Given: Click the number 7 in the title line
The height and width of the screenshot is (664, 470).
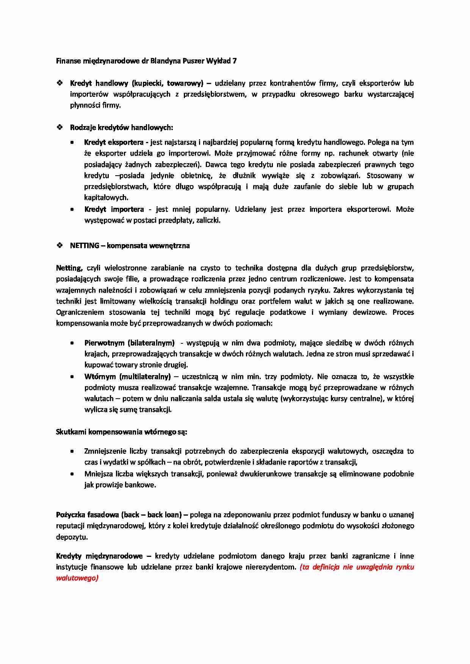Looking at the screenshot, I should [235, 61].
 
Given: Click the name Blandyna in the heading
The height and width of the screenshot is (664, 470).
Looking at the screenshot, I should [166, 61].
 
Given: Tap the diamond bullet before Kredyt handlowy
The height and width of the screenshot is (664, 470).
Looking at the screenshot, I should [60, 83].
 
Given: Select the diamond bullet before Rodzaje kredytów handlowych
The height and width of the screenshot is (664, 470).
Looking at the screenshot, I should [60, 128].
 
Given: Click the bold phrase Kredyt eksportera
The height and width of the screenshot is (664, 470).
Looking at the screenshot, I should [113, 142].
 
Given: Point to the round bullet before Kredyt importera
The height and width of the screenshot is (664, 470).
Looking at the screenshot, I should [72, 209].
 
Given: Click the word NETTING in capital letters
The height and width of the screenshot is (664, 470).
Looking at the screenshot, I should [84, 246].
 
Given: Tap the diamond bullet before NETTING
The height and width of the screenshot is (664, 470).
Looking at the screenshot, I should [60, 246].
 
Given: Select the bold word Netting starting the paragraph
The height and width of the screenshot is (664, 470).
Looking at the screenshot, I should [69, 268].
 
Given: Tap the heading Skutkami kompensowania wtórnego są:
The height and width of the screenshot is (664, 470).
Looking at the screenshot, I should [121, 432].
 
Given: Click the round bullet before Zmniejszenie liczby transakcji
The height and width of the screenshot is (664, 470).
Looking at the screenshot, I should [72, 451].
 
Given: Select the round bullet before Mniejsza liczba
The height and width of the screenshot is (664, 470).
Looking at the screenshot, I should [72, 474].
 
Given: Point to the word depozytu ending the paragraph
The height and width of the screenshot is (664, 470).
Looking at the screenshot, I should [72, 537].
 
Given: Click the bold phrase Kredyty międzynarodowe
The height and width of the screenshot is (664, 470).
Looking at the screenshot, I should [99, 556].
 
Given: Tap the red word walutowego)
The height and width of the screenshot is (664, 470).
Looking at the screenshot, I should [77, 578].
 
